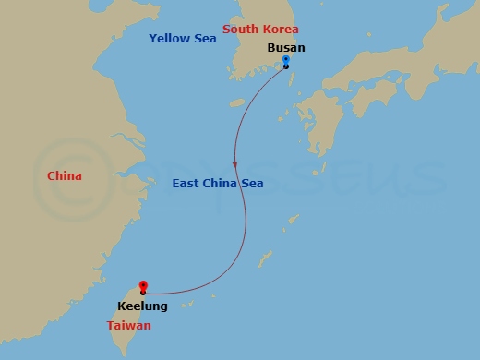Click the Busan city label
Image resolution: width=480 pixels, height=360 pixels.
tap(285, 48)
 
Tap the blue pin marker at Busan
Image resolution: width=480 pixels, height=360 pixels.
tap(286, 60)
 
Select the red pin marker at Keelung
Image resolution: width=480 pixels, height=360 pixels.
tap(143, 285)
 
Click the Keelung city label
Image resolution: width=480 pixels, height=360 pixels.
tap(142, 306)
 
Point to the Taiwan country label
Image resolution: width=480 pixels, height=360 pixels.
tap(127, 326)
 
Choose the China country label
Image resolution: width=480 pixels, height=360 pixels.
tap(64, 176)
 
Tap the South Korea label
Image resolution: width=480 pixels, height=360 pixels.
tap(260, 30)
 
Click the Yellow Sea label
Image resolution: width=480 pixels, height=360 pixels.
tap(183, 39)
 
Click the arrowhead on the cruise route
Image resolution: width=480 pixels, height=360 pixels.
tap(235, 164)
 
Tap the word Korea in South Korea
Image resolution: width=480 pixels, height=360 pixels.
tap(281, 30)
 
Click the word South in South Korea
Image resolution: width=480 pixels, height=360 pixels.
tap(241, 30)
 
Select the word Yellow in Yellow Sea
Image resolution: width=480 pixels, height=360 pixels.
tap(170, 39)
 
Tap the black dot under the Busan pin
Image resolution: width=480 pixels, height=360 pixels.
tap(286, 66)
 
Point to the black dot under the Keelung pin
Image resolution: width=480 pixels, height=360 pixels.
tap(143, 293)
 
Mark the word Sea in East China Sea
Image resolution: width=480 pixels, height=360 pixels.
tap(251, 184)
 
